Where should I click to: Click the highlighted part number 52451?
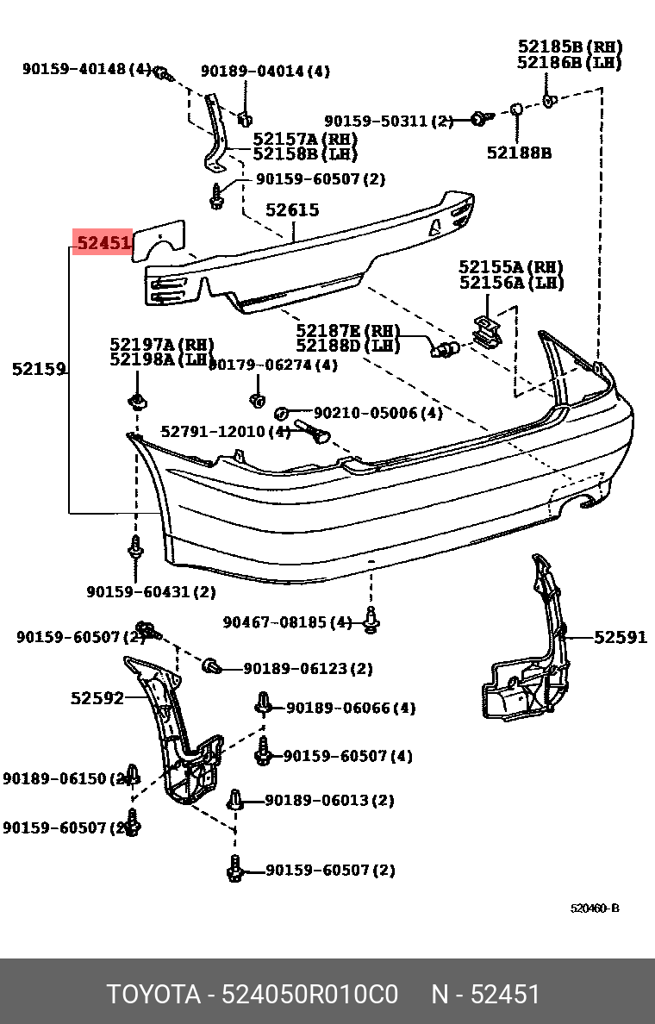tap(103, 243)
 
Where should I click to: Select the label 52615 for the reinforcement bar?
tap(291, 209)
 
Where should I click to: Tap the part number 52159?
tap(39, 369)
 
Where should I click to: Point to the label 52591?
tap(620, 637)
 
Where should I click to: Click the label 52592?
tap(97, 697)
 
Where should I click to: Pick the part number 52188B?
tap(519, 153)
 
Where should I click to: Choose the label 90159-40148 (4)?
tap(86, 69)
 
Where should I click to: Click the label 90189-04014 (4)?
tap(265, 72)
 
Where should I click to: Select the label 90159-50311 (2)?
tap(388, 122)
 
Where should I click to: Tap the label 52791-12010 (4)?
tap(226, 430)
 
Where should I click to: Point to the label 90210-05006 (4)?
tap(377, 413)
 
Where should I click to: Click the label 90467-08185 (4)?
tap(287, 621)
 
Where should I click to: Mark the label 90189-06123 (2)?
tap(308, 668)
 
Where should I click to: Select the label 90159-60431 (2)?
tap(151, 591)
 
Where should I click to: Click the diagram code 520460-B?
tap(594, 908)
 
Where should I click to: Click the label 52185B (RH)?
tap(569, 47)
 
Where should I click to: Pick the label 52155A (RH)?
tap(511, 267)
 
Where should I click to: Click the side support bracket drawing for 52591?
tap(526, 655)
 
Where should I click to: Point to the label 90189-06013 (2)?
tap(329, 801)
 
